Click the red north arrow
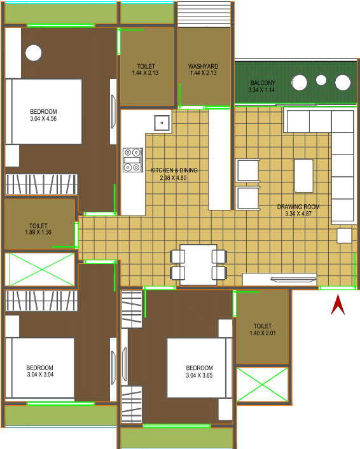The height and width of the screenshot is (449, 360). [338, 305]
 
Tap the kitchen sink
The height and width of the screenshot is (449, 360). [162, 123]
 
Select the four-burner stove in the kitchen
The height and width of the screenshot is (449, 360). [132, 160]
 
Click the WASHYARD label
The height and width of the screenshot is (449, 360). [203, 66]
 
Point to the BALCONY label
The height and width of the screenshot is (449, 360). [263, 83]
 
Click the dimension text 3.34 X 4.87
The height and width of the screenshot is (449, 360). [298, 214]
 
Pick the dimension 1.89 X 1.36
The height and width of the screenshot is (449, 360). [38, 232]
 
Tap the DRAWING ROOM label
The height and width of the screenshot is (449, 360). [298, 207]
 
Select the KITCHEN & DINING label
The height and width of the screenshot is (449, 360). [174, 170]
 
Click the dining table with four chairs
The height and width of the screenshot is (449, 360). [198, 265]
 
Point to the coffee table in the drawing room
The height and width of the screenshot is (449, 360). [304, 176]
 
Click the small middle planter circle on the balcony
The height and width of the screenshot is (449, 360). [321, 80]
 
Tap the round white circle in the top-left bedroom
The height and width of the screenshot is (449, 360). [34, 53]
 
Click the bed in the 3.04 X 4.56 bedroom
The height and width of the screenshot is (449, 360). [43, 112]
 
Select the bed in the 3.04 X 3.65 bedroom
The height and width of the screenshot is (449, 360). [199, 368]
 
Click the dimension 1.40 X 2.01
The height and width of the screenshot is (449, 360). [262, 333]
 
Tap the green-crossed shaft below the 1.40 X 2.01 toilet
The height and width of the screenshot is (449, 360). [262, 385]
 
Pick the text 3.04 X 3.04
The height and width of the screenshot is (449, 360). [40, 375]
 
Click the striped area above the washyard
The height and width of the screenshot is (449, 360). [204, 15]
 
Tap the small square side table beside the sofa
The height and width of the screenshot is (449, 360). [344, 236]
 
